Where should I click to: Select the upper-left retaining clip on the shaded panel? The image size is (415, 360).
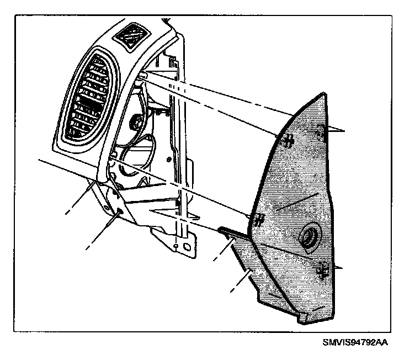[x=286, y=141]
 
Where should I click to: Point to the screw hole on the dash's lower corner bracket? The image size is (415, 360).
[x=120, y=212]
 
